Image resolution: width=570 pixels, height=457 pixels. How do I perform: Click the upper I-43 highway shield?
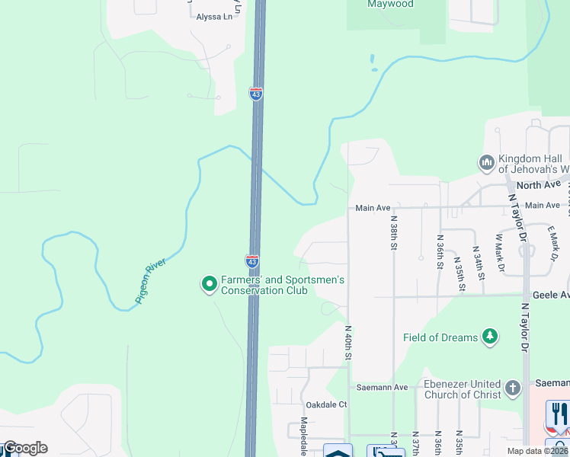point(256,94)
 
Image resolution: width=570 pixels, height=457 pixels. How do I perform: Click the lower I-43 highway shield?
point(252,260)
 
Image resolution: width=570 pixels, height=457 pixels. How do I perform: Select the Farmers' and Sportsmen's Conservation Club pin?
point(209,285)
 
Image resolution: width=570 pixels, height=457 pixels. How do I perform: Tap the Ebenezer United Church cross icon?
point(513,388)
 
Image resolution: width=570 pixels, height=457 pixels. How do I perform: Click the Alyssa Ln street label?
point(213,17)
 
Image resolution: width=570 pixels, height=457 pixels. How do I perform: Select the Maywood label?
point(390,5)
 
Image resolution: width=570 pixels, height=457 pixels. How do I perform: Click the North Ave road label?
point(538,185)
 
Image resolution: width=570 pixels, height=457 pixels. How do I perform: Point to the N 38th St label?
point(393,235)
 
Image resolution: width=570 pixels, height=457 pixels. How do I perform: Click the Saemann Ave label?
point(389,388)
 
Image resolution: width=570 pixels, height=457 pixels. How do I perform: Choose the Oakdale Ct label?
point(325,404)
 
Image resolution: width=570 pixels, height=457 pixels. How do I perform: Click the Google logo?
point(24,448)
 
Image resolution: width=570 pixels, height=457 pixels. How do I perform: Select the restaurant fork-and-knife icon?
point(559,414)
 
